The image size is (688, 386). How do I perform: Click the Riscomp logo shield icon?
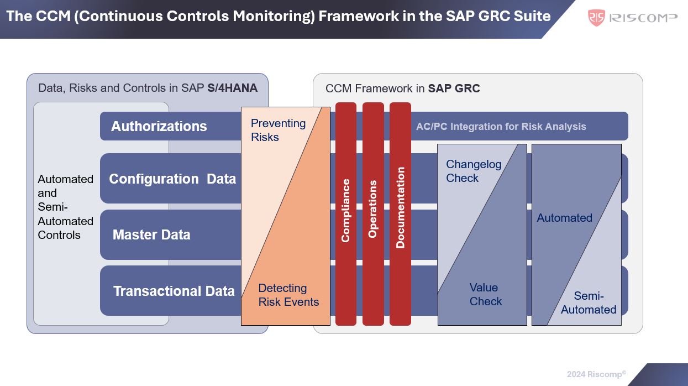click(x=596, y=17)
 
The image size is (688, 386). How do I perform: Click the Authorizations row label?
click(x=159, y=126)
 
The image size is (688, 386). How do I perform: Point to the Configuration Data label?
click(x=172, y=179)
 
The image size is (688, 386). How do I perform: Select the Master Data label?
click(x=151, y=234)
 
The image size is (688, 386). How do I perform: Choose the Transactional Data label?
click(x=174, y=291)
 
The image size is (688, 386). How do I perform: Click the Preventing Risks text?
click(x=278, y=130)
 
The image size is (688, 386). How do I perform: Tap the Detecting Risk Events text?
click(x=288, y=295)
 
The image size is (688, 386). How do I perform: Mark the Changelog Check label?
click(x=474, y=171)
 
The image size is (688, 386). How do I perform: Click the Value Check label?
click(x=486, y=294)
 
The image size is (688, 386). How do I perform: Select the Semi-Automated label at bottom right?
click(x=589, y=302)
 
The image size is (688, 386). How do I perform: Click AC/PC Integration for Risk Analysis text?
click(x=501, y=126)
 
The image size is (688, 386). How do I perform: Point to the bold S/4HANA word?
click(x=232, y=88)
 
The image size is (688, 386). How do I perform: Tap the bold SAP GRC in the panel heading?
click(x=454, y=88)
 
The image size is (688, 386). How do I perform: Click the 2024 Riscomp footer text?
click(x=596, y=374)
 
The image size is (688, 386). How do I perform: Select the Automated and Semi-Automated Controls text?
click(x=65, y=207)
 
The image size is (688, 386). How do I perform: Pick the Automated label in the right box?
click(x=564, y=218)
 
